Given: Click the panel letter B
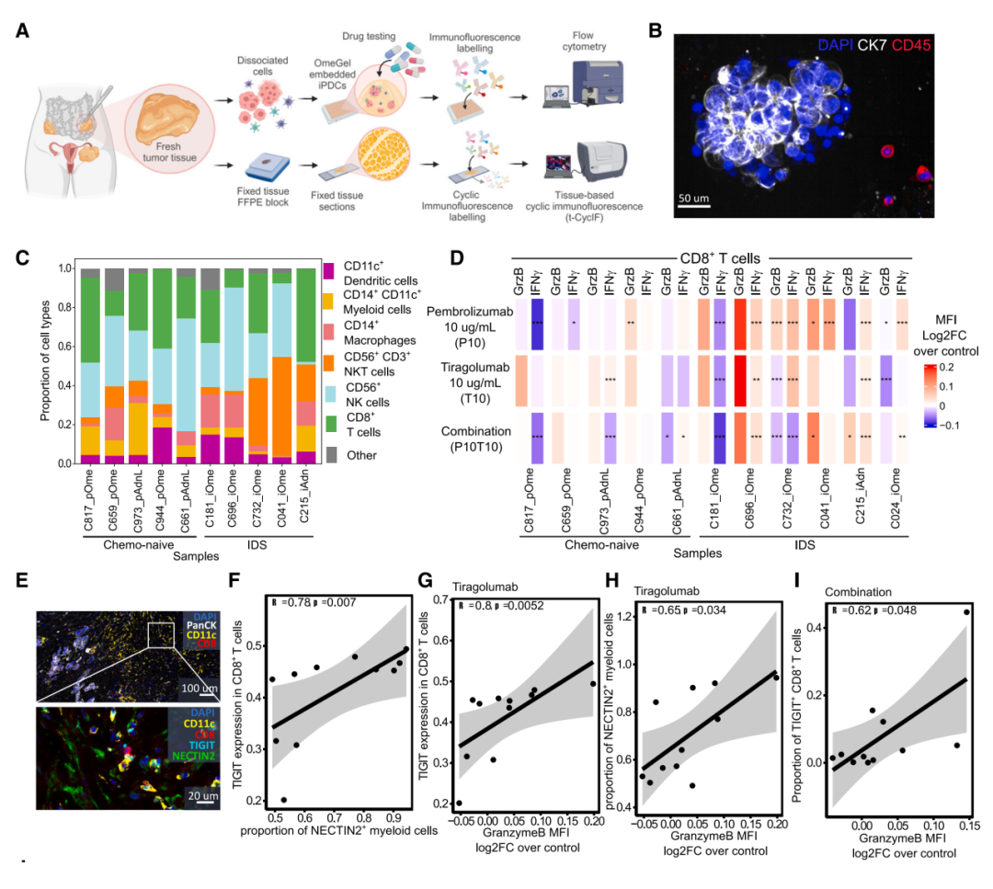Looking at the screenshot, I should point(655,29).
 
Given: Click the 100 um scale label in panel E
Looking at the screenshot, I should point(198,687).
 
